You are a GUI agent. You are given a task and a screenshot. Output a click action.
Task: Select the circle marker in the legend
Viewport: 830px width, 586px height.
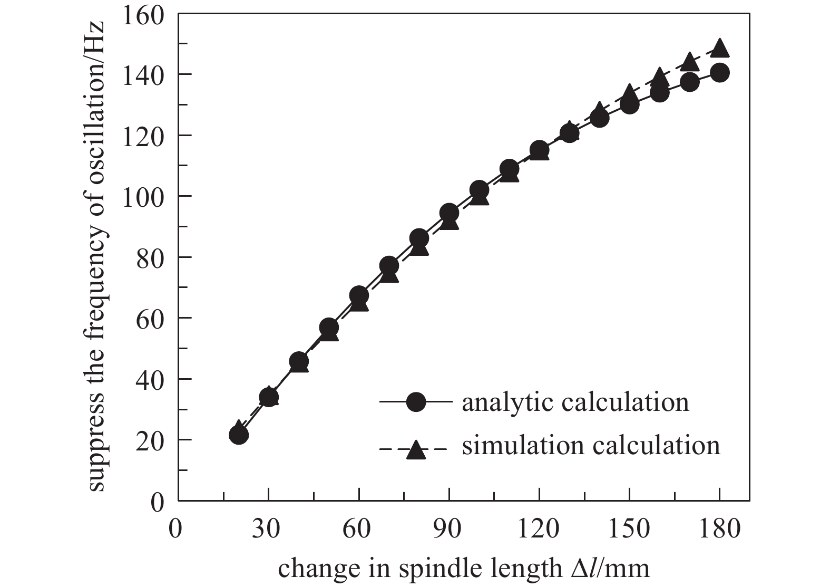pyautogui.click(x=416, y=402)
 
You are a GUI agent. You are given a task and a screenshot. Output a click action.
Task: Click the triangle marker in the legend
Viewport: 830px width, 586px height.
pyautogui.click(x=416, y=449)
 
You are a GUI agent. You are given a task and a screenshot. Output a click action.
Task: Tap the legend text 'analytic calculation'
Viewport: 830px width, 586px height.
pyautogui.click(x=575, y=402)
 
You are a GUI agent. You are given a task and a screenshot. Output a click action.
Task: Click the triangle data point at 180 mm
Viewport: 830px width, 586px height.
pyautogui.click(x=720, y=49)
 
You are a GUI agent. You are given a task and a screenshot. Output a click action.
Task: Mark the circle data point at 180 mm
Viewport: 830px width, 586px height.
pyautogui.click(x=720, y=73)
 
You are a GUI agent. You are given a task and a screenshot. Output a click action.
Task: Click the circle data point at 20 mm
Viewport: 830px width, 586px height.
pyautogui.click(x=239, y=435)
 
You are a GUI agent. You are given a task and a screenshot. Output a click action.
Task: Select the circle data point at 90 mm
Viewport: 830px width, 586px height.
pyautogui.click(x=449, y=213)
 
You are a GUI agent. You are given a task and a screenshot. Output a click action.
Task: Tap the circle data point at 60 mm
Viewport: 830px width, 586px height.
pyautogui.click(x=359, y=295)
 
